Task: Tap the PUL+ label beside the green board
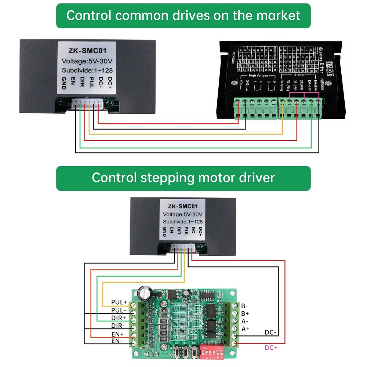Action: pos(119,302)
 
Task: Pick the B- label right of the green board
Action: pos(245,306)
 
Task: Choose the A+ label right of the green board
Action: pos(246,329)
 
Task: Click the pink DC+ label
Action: pos(271,348)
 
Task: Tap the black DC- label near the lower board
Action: pos(271,333)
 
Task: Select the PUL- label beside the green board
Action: pos(119,310)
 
